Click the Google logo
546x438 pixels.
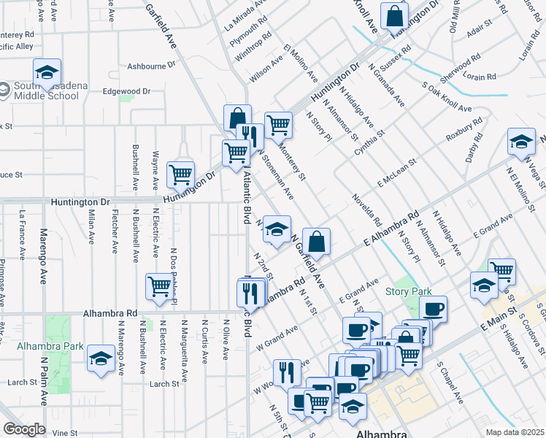[x=24, y=429]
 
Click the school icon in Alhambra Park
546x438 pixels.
[x=100, y=359]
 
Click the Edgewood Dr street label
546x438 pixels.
[x=126, y=91]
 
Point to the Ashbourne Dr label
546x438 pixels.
[x=151, y=65]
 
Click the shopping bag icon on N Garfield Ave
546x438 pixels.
[x=317, y=241]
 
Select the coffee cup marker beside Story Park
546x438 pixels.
[x=434, y=309]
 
